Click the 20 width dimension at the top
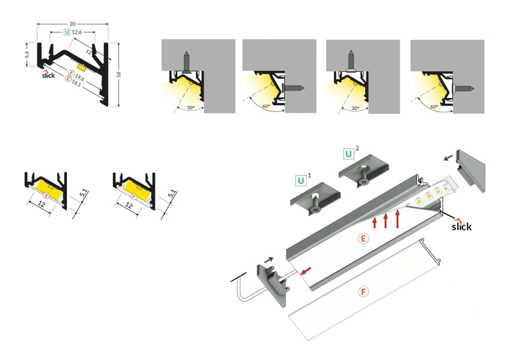click(x=73, y=24)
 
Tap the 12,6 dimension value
click(x=77, y=32)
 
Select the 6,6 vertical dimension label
click(x=27, y=54)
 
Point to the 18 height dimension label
click(x=119, y=74)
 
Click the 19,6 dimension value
click(x=79, y=78)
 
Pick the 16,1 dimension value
click(x=76, y=83)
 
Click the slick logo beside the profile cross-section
click(x=48, y=74)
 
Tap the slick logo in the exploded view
click(x=462, y=225)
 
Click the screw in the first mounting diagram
click(x=187, y=61)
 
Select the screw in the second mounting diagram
click(x=295, y=88)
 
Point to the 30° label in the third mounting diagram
click(x=355, y=108)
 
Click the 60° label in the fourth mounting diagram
click(x=434, y=107)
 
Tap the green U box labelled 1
click(x=301, y=181)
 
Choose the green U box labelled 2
click(x=349, y=154)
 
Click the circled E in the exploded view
click(x=363, y=238)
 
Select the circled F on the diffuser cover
click(x=363, y=292)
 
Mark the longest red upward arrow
click(x=398, y=219)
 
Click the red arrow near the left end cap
click(x=306, y=271)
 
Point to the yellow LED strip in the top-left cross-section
click(x=81, y=66)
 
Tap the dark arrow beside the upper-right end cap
click(x=449, y=158)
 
